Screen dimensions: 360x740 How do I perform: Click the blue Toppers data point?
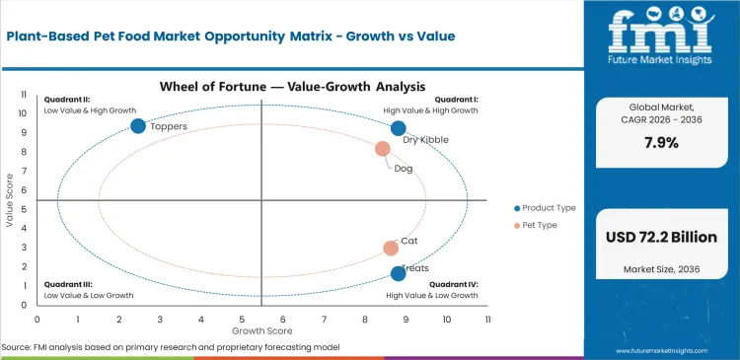coord(138,125)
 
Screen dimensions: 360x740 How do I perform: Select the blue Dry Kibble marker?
coord(398,128)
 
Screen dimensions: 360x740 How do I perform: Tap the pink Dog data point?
coord(383,149)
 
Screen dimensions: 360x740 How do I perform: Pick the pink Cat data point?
coord(391,249)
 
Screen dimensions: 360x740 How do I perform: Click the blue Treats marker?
coord(398,274)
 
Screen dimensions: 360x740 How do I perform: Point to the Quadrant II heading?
coord(65,100)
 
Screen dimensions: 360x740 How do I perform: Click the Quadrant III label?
coord(65,285)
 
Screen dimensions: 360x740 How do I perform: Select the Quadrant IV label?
coord(454,285)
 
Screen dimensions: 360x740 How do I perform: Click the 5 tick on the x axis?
coord(242,319)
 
